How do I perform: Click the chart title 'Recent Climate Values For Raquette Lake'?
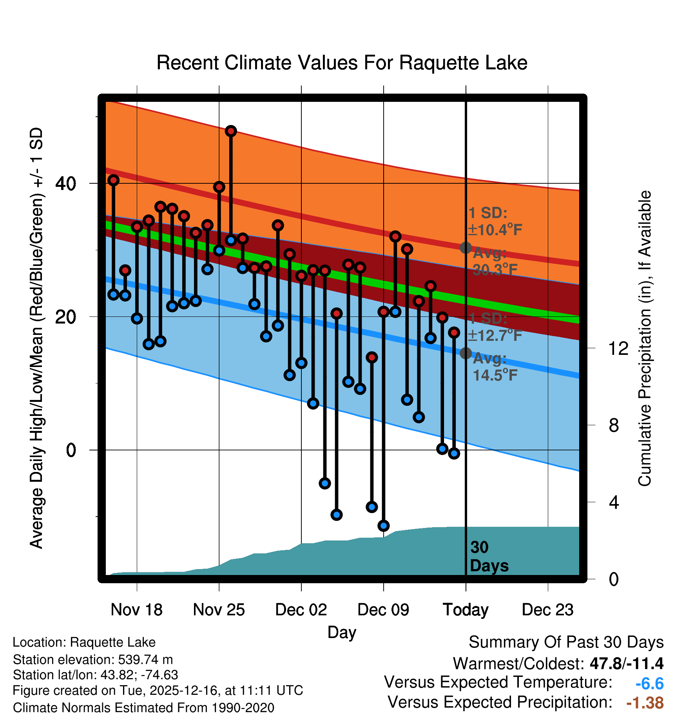pos(342,63)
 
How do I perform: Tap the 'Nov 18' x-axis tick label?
pos(136,610)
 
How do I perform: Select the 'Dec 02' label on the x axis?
pos(301,610)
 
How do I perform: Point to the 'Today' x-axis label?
pos(466,610)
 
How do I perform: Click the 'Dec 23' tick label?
pos(547,610)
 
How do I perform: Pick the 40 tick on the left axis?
pos(66,183)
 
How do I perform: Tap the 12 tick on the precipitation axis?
pos(618,348)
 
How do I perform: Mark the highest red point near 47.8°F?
pos(231,131)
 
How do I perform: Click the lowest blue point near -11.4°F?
pos(384,526)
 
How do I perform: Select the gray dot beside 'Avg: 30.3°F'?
pos(466,248)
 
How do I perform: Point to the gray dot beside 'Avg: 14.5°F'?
pos(466,353)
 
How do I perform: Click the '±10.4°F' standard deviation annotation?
pos(495,230)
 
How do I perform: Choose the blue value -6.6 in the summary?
pos(649,684)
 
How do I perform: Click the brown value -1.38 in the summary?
pos(645,703)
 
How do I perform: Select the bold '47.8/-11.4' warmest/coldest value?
pos(626,664)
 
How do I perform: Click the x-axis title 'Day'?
pos(342,632)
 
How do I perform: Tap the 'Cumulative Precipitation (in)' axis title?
pos(645,339)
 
